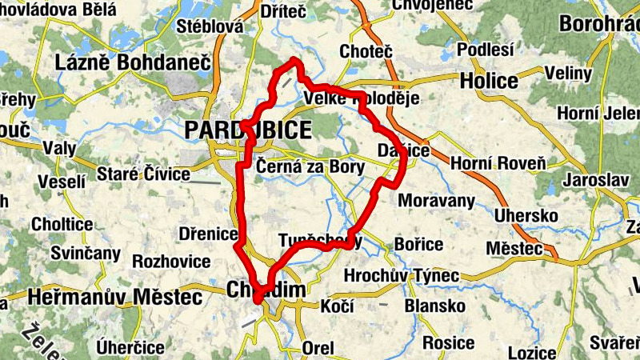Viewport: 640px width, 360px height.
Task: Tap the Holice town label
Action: click(489, 81)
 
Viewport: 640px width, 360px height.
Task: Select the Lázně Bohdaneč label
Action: click(132, 62)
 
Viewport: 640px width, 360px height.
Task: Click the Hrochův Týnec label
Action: click(401, 276)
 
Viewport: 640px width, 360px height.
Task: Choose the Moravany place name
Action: click(436, 200)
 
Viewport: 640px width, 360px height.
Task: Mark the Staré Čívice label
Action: click(144, 174)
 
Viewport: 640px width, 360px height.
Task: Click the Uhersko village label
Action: click(523, 215)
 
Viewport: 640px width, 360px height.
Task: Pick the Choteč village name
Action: click(366, 51)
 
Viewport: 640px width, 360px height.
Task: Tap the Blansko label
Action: click(435, 306)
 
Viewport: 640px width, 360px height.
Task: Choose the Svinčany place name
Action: click(85, 254)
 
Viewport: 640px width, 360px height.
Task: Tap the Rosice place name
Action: click(448, 342)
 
